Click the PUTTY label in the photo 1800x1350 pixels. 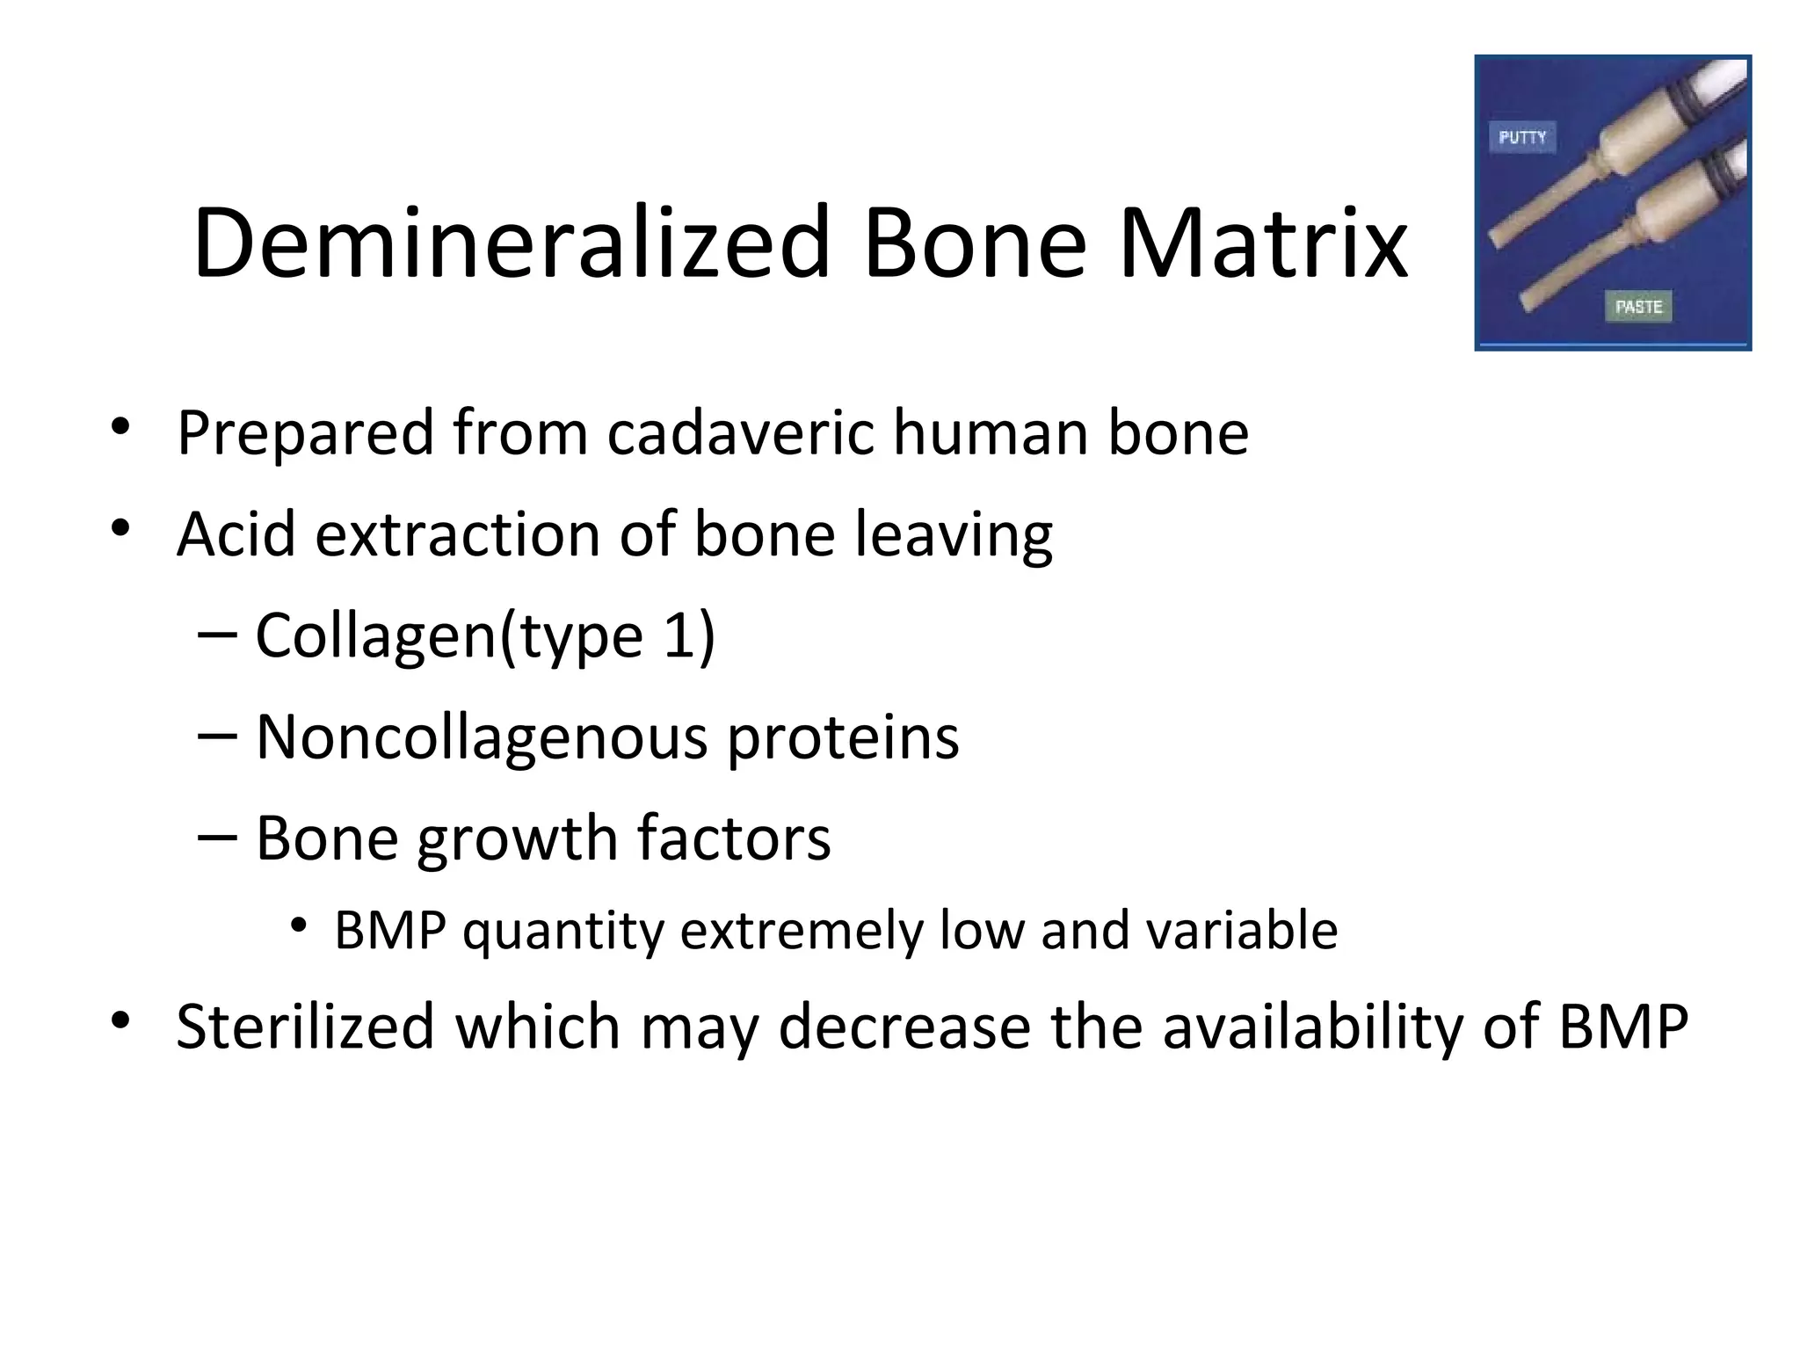pyautogui.click(x=1522, y=137)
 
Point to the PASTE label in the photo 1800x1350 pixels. pyautogui.click(x=1639, y=306)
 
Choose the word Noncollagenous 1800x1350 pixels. pyautogui.click(x=481, y=737)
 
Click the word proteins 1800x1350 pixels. pyautogui.click(x=843, y=737)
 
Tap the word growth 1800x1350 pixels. pyautogui.click(x=518, y=838)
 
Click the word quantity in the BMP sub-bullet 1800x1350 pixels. pyautogui.click(x=563, y=932)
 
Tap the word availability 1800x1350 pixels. pyautogui.click(x=1311, y=1026)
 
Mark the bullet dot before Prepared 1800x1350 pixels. pyautogui.click(x=120, y=428)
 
